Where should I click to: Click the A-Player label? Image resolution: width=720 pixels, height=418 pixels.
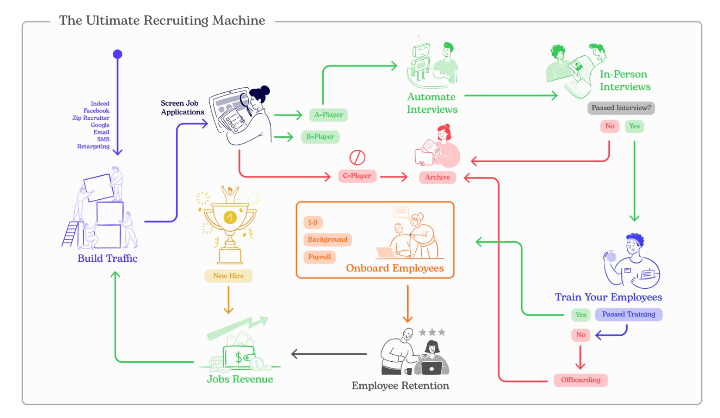(x=328, y=115)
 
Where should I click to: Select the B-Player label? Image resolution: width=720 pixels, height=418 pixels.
(x=320, y=137)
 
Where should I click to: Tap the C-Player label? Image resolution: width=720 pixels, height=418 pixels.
(x=357, y=176)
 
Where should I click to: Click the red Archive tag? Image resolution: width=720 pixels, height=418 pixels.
(x=437, y=177)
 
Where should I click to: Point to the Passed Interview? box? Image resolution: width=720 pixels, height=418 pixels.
(x=621, y=108)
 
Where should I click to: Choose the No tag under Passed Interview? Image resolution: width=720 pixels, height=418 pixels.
(x=610, y=126)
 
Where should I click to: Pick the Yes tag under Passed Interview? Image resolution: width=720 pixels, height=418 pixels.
(x=634, y=126)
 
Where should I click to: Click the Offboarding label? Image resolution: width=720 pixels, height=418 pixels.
(x=581, y=380)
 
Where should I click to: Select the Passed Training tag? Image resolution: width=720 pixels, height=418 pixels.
(x=629, y=314)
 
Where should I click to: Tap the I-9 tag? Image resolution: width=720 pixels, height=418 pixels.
(x=313, y=222)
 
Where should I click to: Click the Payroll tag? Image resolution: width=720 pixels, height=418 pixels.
(x=319, y=257)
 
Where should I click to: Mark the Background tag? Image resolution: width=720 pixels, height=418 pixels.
(x=327, y=239)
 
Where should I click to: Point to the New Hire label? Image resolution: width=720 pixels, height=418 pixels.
(x=228, y=276)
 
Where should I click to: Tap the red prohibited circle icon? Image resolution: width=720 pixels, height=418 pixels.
(x=357, y=158)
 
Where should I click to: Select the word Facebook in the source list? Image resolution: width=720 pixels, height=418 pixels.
(x=96, y=111)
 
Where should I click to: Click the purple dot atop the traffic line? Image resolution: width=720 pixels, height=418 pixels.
(x=117, y=54)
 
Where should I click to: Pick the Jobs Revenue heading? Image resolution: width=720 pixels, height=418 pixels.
(x=240, y=379)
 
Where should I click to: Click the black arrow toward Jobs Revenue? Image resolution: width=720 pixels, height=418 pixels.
(x=329, y=354)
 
